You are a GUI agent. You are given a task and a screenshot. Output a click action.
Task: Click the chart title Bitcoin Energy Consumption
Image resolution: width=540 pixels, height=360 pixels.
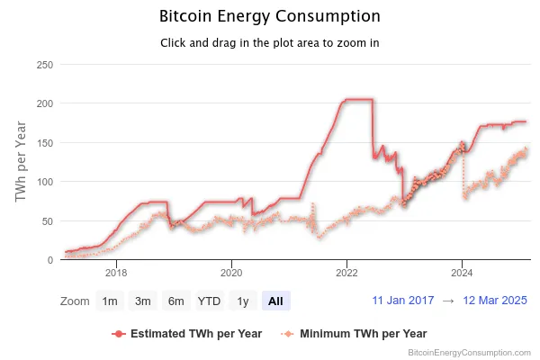[x=269, y=16]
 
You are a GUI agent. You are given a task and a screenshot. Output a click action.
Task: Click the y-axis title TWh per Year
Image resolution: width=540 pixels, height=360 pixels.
[x=22, y=162]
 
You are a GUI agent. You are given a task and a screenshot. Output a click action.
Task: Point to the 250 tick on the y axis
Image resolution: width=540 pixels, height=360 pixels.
[x=44, y=65]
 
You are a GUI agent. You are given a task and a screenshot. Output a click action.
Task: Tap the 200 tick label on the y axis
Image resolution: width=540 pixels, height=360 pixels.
[x=44, y=103]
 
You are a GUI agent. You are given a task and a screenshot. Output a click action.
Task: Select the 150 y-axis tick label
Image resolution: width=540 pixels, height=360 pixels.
[x=44, y=142]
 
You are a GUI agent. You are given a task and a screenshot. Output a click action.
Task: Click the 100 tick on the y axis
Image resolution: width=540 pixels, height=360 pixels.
[x=44, y=182]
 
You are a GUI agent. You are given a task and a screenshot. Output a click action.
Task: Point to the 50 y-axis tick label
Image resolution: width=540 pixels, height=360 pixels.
[x=47, y=220]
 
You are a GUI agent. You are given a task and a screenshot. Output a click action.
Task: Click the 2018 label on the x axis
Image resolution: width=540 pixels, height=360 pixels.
[x=116, y=272]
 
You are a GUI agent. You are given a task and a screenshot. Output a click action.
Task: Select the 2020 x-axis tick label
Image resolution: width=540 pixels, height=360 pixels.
[x=231, y=272]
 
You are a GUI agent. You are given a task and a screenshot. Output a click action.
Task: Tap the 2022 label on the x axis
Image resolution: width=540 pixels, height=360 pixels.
[x=346, y=272]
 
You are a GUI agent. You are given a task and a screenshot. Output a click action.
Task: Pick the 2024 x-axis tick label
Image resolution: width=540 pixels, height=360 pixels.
[x=462, y=272]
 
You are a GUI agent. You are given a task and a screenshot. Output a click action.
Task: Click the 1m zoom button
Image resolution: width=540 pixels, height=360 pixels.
[x=110, y=301]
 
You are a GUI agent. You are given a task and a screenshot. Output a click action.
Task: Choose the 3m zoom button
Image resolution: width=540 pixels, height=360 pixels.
[x=143, y=301]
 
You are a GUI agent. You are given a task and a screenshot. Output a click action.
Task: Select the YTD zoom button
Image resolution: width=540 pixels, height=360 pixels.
[x=210, y=301]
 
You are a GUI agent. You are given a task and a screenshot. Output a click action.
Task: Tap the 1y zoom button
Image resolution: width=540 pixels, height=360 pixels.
[x=242, y=301]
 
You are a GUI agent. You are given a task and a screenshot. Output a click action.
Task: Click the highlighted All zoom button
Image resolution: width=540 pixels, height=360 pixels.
[x=275, y=301]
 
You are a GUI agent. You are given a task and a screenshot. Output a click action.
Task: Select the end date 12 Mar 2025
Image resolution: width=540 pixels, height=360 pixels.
[x=494, y=301]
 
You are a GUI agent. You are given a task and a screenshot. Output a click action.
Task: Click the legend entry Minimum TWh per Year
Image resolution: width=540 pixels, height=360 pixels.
[x=362, y=333]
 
